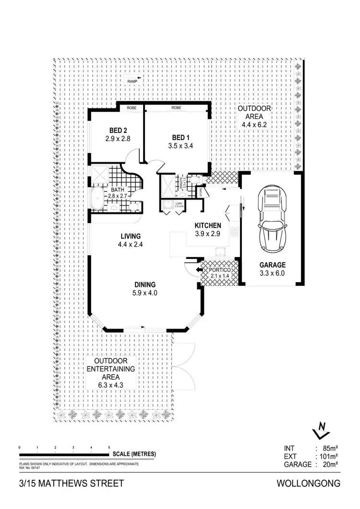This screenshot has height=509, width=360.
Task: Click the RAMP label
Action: [132, 82]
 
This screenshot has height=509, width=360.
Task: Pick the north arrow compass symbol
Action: [321, 430]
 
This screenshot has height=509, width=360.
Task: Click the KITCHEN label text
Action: [207, 225]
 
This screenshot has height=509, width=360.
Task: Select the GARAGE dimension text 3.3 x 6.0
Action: [273, 274]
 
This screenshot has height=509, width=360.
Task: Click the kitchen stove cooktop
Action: [235, 232]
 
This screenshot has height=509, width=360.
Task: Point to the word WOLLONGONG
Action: [309, 483]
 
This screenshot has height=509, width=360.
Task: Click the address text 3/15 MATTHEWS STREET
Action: [65, 483]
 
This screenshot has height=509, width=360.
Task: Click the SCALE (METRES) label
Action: [134, 454]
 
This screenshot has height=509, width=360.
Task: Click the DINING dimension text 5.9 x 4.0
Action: [146, 293]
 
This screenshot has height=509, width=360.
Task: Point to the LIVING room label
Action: [130, 236]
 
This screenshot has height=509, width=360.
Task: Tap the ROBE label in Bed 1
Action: [176, 108]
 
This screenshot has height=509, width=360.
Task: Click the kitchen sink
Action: [221, 252]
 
